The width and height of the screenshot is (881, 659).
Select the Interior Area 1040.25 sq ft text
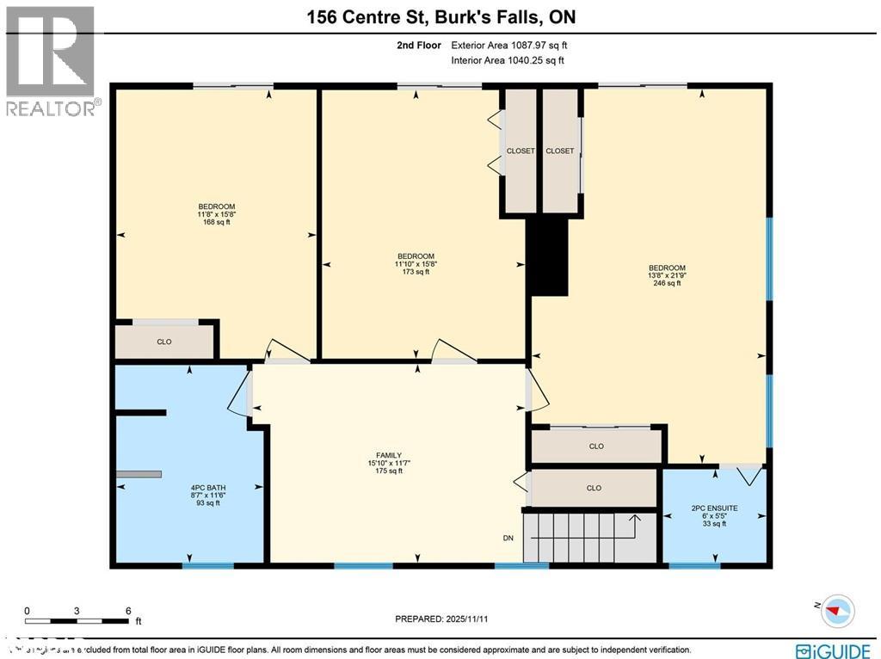pos(508,60)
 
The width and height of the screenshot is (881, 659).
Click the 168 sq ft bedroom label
pos(217,214)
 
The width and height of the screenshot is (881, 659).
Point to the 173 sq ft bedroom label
pos(416,264)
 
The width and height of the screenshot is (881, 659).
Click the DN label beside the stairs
pos(508,539)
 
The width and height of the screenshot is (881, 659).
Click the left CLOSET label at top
pos(521,151)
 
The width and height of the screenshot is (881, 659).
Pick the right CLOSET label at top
pos(559,151)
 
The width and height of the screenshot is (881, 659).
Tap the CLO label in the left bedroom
pos(164,342)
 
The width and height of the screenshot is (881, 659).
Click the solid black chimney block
pos(549,256)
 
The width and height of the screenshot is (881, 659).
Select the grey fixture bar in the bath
pos(139,474)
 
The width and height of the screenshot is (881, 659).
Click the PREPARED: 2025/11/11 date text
pos(440,619)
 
